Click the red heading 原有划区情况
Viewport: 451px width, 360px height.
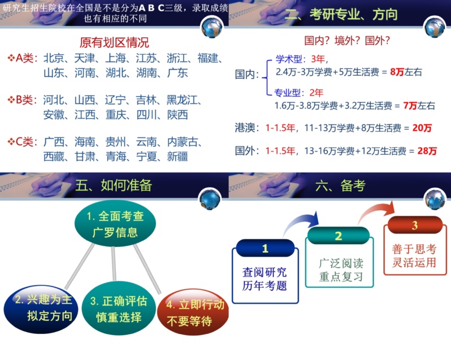(x=114, y=42)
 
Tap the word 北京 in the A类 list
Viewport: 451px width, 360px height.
(x=54, y=58)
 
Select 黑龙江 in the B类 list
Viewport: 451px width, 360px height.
(x=182, y=100)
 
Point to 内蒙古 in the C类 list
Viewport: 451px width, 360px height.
(x=183, y=142)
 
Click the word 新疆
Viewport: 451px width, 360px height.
(x=177, y=157)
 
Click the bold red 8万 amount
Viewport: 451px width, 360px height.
(x=397, y=72)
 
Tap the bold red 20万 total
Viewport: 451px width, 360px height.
(x=422, y=128)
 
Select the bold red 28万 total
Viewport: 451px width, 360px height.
(x=427, y=151)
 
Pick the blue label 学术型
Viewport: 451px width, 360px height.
(x=289, y=59)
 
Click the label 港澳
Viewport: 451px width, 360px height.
(x=245, y=128)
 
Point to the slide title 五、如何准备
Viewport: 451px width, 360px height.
(x=114, y=185)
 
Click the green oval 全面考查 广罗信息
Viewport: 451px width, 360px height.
(x=115, y=224)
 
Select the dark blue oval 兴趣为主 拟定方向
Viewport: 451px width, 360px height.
(x=41, y=309)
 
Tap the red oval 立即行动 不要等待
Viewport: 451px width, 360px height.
(x=193, y=312)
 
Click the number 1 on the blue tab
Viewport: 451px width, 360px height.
(x=265, y=249)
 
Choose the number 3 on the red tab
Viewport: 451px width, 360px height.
(x=414, y=225)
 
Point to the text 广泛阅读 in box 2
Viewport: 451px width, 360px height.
(x=341, y=263)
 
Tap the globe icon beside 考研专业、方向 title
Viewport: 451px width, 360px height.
(x=434, y=27)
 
